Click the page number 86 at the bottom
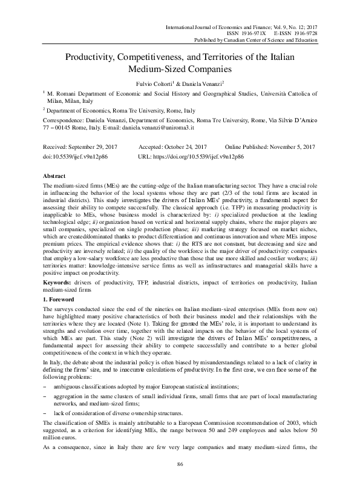(x=180, y=464)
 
